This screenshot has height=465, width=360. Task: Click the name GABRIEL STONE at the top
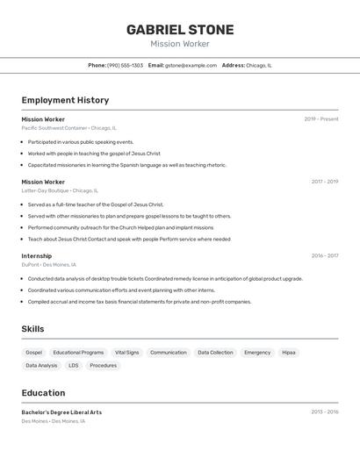180,29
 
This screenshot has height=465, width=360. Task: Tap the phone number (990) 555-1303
125,65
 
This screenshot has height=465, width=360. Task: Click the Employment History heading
65,100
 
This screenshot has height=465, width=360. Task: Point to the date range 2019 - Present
321,118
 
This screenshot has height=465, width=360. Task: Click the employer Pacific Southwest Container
54,128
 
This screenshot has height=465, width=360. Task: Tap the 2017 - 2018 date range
324,182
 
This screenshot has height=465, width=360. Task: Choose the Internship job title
37,256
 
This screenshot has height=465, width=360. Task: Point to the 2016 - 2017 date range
324,256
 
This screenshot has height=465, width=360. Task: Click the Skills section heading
32,329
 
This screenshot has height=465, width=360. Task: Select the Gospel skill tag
33,353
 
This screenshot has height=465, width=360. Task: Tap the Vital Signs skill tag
127,353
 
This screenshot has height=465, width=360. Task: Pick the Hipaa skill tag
289,353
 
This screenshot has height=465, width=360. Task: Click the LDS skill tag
74,365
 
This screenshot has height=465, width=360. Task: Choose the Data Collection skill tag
215,353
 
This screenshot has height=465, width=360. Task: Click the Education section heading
43,393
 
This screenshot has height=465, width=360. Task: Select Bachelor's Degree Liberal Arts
61,411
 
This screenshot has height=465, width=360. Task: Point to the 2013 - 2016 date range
324,411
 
